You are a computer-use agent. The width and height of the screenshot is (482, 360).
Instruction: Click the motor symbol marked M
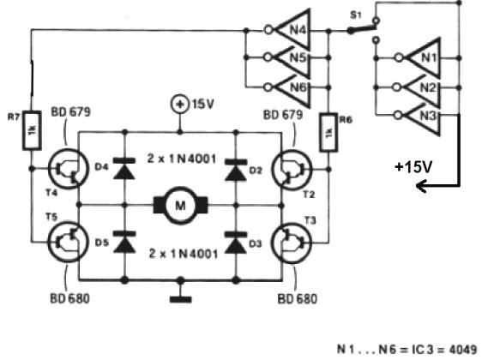tap(180, 205)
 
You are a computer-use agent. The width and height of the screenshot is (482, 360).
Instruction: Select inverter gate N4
tap(288, 30)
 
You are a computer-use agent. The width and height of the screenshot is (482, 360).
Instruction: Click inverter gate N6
tap(288, 87)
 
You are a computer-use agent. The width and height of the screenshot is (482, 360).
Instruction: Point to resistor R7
tap(32, 130)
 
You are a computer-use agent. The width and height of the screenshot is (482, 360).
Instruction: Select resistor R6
tap(328, 132)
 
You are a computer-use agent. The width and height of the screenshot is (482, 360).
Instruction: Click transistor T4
tap(69, 169)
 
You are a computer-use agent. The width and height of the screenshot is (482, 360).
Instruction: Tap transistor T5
tap(69, 243)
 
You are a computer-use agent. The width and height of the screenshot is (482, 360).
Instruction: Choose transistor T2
tap(292, 169)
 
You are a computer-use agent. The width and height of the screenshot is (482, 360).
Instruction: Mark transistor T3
tap(292, 243)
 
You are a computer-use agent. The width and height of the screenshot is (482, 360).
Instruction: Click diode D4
tap(124, 168)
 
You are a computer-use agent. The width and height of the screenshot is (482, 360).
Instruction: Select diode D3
tap(236, 243)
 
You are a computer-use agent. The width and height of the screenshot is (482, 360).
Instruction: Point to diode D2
tap(236, 170)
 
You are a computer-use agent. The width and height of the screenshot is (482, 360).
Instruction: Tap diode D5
tap(124, 242)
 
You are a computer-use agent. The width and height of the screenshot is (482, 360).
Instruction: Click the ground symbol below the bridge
tap(181, 299)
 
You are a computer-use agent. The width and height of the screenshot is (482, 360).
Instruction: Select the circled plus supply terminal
tap(179, 105)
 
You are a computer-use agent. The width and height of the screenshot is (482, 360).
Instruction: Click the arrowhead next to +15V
tap(421, 186)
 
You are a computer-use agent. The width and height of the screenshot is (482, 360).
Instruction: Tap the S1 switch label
tap(356, 15)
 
